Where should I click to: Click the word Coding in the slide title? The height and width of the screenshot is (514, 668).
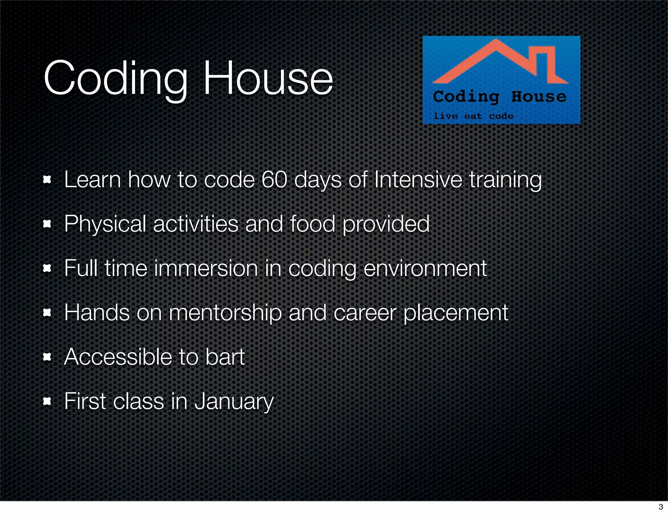point(116,79)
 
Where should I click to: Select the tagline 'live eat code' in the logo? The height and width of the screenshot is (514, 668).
point(473,116)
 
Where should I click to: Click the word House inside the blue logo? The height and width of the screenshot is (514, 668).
point(539,97)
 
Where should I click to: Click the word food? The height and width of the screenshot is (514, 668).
point(312,224)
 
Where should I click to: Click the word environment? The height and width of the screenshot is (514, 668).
point(425,268)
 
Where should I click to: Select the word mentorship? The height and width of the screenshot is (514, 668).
point(225,313)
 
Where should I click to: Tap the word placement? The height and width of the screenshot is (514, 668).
point(456,313)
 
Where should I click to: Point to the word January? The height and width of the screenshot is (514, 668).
point(234,401)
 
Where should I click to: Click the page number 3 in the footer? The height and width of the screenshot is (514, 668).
point(661,507)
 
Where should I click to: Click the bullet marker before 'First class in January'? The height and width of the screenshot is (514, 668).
point(47,401)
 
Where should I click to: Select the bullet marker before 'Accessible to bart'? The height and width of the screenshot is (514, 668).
point(47,357)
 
